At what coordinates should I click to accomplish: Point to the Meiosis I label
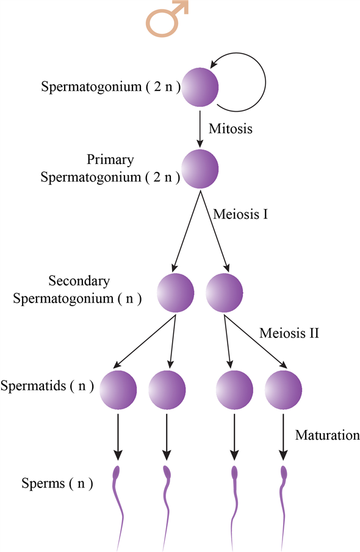[x=240, y=215]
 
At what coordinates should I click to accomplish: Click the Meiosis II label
[x=289, y=334]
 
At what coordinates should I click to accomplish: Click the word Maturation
[x=327, y=436]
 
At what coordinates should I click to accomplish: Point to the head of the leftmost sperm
[x=118, y=471]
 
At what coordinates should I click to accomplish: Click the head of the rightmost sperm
[x=283, y=471]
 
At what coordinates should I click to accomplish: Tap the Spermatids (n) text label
[x=47, y=386]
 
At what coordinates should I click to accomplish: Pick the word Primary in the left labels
[x=110, y=160]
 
